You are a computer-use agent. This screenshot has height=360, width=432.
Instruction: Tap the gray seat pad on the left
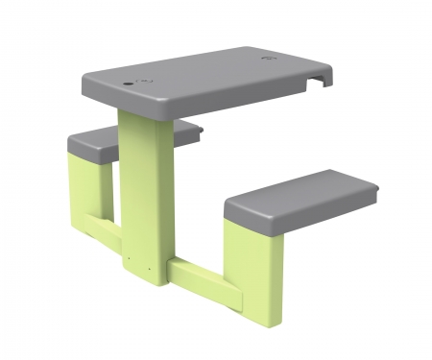point(96,144)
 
